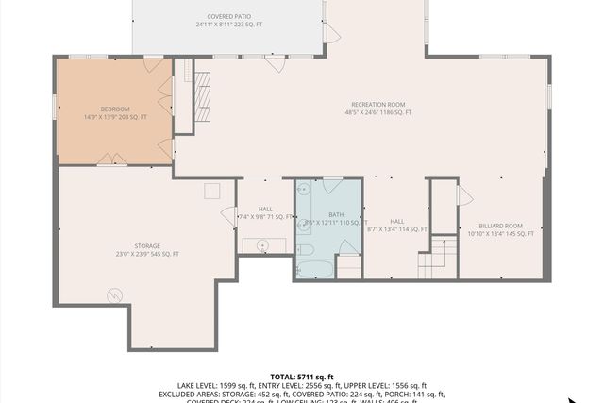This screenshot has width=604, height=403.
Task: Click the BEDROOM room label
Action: [114, 109]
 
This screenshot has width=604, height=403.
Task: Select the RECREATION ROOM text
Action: [377, 104]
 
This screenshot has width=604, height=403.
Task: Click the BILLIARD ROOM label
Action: [500, 226]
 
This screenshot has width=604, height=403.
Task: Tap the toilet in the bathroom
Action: [305, 250]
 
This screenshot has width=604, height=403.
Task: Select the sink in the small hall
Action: [265, 245]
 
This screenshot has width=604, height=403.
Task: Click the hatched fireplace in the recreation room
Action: [203, 98]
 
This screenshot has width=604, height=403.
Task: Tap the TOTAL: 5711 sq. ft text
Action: [301, 376]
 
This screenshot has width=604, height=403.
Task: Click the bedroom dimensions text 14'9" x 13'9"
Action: [114, 117]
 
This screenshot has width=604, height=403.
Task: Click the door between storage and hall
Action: [229, 216]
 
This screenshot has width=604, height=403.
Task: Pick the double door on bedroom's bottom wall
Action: [112, 160]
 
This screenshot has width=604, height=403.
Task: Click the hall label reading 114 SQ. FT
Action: [396, 229]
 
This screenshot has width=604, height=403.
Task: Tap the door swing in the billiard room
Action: [463, 194]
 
